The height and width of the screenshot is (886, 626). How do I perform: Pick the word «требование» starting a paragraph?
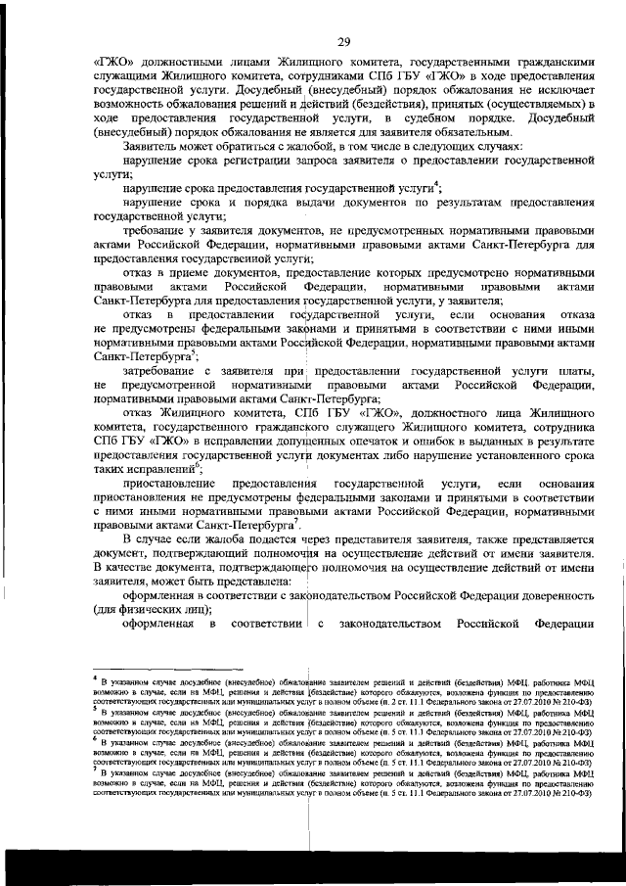pos(157,230)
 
